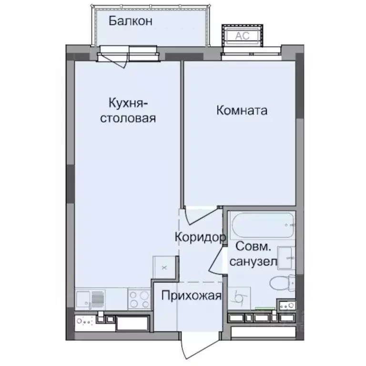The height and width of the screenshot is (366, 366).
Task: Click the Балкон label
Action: click(x=130, y=21)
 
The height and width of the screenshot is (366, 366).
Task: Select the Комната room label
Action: click(x=242, y=111)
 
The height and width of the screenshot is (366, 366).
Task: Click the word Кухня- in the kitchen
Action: click(x=127, y=103)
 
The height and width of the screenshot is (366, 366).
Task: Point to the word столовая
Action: click(x=127, y=118)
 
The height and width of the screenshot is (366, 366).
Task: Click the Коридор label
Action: click(x=200, y=237)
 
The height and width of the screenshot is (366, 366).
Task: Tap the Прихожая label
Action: click(x=191, y=296)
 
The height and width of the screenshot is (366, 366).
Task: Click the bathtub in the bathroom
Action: click(x=262, y=226)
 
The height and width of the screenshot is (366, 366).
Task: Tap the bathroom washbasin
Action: click(x=286, y=257)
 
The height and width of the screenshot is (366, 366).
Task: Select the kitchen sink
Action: click(x=91, y=299)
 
